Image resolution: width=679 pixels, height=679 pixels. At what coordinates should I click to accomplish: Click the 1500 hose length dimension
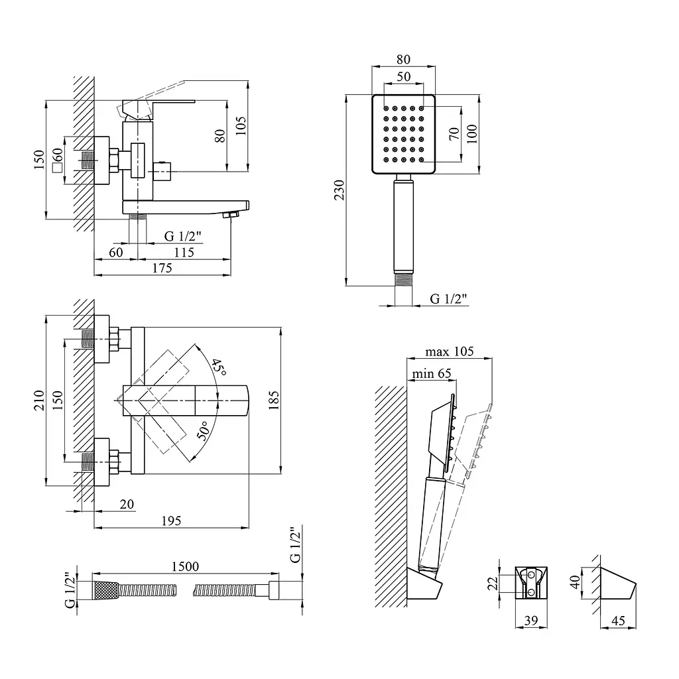coord(185,566)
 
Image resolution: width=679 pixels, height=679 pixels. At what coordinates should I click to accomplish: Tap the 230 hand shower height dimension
coord(339,190)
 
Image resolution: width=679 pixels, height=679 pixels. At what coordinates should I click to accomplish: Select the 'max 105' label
coord(449,351)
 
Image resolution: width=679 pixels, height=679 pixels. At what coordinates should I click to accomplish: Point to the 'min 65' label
coord(431,373)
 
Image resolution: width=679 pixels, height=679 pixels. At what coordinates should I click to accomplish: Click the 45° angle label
coord(219,367)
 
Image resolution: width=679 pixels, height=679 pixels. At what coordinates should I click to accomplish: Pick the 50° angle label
coord(204,430)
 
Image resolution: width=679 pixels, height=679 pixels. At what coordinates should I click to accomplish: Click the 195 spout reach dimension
coord(171,521)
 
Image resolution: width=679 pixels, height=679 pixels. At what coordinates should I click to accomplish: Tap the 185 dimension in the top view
coord(274,400)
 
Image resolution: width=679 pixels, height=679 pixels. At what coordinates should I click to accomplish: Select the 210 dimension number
coord(39,400)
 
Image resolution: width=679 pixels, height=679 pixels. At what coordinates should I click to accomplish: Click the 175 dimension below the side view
coord(162,268)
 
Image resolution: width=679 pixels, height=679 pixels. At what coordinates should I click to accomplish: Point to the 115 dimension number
coord(184,252)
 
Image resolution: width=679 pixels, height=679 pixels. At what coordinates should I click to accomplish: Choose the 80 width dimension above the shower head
coord(403,59)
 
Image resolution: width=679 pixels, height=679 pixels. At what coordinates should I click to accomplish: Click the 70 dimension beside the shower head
coord(454,133)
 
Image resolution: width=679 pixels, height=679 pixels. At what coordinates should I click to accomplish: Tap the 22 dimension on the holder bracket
coord(493,583)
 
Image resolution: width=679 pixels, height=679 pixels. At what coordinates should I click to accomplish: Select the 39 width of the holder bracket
coord(531,621)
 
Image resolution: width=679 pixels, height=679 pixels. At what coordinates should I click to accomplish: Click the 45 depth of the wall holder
coord(618,621)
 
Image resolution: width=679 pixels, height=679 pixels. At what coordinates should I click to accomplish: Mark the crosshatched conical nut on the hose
coord(105,589)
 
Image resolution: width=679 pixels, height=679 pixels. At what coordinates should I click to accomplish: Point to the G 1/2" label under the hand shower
coord(448,298)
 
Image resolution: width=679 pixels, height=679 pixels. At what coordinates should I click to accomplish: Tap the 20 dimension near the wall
coord(127,504)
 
